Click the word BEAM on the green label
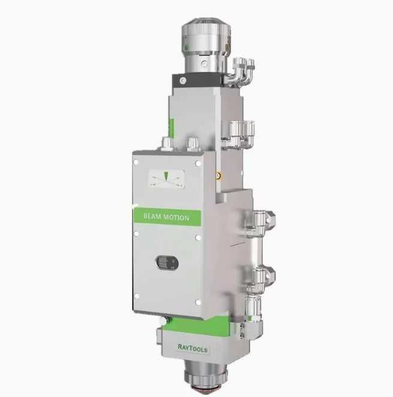click(x=152, y=216)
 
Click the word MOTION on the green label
click(x=176, y=217)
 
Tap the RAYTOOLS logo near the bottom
click(x=193, y=348)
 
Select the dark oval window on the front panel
click(x=167, y=262)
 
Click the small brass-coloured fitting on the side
click(x=218, y=175)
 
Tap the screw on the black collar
click(x=183, y=80)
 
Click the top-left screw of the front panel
click(x=136, y=162)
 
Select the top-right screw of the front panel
click(x=199, y=163)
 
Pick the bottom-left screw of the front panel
click(x=137, y=295)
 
